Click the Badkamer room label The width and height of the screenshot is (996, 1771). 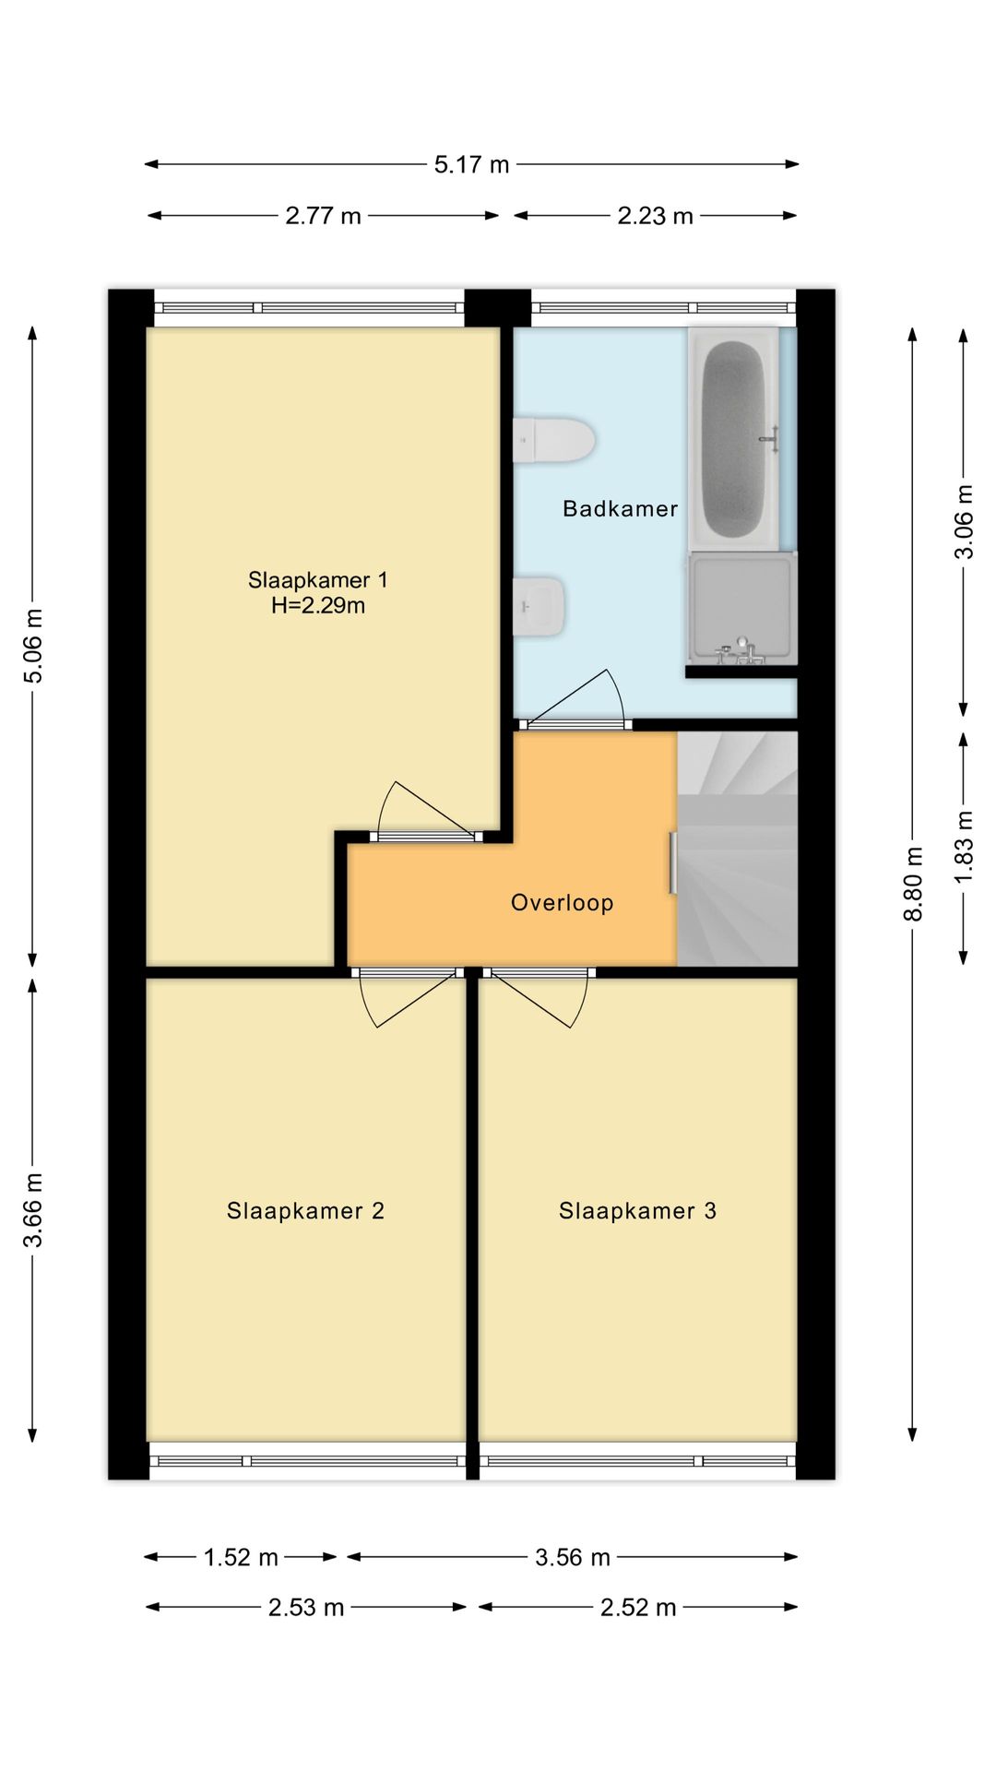coord(620,508)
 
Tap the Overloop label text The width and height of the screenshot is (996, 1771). coord(563,902)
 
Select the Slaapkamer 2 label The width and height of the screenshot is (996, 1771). coord(305,1211)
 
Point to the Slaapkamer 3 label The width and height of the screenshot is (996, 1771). coord(637,1211)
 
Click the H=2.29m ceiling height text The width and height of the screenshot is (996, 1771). coord(318,606)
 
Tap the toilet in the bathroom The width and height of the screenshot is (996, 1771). coord(553,440)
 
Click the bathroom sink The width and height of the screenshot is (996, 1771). coord(539,606)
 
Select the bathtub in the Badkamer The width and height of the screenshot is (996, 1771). coord(734,439)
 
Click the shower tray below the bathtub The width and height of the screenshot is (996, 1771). coord(741,608)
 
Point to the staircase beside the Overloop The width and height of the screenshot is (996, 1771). coord(737,849)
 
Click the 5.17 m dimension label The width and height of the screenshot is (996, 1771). coord(472,165)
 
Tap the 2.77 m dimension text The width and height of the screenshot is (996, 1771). coord(323,216)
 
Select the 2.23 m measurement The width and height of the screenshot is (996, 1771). coord(655,216)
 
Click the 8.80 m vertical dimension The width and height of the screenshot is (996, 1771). coord(913,884)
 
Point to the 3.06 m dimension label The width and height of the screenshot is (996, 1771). coord(964,522)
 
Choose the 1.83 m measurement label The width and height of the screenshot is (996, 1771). coord(964,847)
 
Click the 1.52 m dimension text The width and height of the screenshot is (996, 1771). coord(241,1558)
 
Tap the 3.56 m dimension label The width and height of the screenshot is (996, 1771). coord(573,1558)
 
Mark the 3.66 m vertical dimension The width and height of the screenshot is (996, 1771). coord(33,1210)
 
